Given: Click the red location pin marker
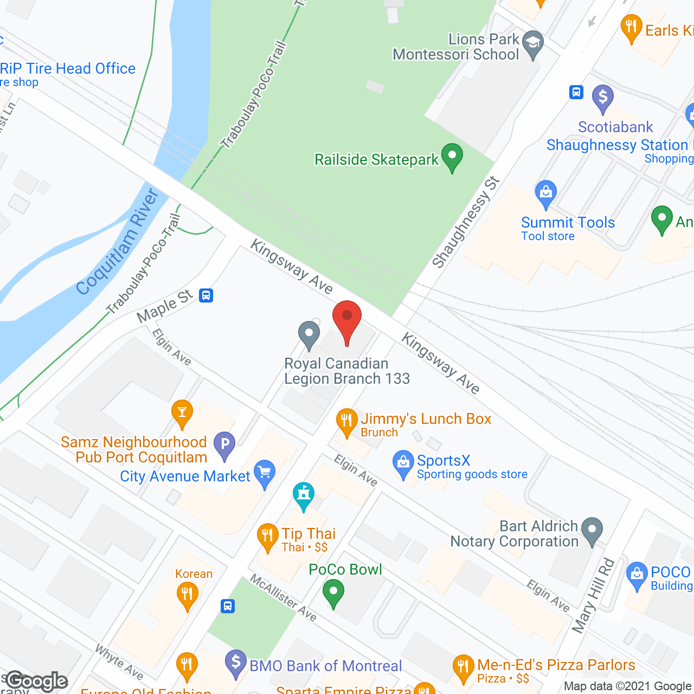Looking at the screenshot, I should (x=347, y=318).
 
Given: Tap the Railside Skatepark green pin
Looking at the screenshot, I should (x=452, y=156).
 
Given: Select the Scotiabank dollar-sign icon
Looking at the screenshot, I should (x=602, y=98).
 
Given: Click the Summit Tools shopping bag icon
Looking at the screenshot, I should (x=545, y=193).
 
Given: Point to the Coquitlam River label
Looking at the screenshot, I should (x=118, y=242).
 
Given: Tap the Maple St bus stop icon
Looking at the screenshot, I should (x=206, y=295).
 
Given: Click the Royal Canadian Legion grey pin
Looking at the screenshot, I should (x=309, y=334).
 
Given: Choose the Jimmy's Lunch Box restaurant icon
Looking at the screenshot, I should (x=346, y=421).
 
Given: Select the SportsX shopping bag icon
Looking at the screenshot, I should (x=403, y=463).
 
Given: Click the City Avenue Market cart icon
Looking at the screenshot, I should (x=264, y=473).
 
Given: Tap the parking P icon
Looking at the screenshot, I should (x=224, y=445).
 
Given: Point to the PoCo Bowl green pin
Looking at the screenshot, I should (x=333, y=592).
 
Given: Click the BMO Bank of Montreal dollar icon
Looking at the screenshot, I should (x=236, y=663).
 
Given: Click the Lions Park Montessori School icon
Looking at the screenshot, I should (x=532, y=44).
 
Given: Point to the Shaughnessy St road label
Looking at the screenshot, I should (x=465, y=222).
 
